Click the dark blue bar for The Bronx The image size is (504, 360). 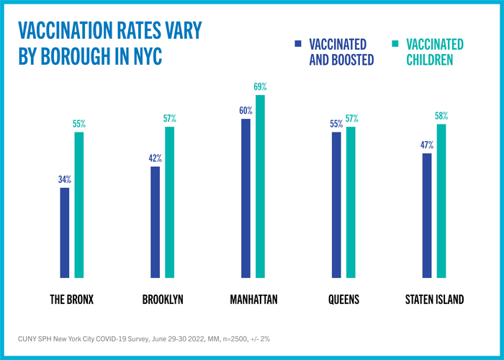point(65,233)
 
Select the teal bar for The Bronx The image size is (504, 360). point(79,205)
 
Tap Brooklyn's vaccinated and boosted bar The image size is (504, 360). point(156,222)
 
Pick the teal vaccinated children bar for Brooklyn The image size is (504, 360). point(170,202)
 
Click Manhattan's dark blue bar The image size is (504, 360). point(246,198)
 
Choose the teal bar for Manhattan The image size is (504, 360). point(261,186)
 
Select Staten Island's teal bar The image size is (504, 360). point(441,201)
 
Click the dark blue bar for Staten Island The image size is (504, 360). point(427,215)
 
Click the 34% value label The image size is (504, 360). point(64,179)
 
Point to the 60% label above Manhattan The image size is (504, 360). point(246,110)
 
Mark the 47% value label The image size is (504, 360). point(427,145)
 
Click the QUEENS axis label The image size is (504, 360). point(344,299)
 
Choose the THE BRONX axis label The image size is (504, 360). point(72,299)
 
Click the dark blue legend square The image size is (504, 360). point(297,44)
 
